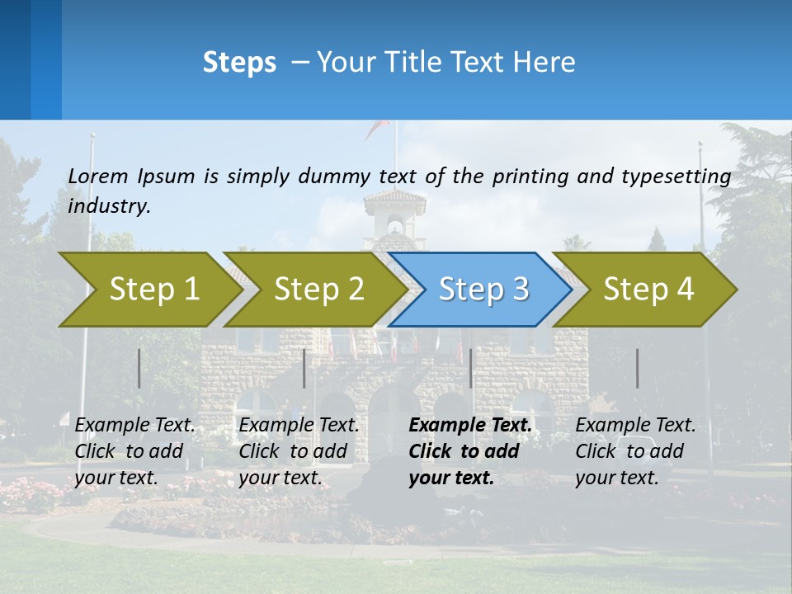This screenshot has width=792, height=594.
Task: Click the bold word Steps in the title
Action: point(239,63)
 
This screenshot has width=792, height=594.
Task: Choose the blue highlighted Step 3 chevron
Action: point(483,289)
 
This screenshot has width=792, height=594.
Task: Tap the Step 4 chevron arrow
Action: point(648,289)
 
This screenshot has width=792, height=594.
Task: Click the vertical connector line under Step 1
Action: point(139,368)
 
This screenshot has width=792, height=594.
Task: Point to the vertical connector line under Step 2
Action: point(304,368)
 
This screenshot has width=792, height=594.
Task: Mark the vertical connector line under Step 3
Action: point(470,368)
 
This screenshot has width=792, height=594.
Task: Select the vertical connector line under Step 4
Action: point(638,368)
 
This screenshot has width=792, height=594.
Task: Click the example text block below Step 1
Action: point(134,451)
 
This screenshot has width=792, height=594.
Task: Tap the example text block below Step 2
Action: point(299,451)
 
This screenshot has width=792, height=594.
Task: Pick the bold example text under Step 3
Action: point(469,451)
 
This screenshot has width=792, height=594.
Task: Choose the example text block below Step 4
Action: point(635,451)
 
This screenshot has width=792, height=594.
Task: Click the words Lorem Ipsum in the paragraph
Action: point(131,177)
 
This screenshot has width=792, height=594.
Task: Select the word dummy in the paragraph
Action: point(334,177)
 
